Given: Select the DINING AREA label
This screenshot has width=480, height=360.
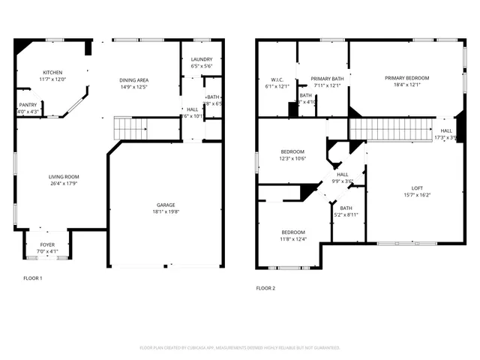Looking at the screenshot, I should pos(133,80).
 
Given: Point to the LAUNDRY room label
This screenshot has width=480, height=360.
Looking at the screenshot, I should pos(202,60).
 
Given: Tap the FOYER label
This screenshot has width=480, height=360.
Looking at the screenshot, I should pos(47,244).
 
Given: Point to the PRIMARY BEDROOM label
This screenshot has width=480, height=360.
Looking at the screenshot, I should pos(407,78).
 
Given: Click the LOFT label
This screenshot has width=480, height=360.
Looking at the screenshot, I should pos(417,188).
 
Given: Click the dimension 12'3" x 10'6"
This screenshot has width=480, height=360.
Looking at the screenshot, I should pos(292,158).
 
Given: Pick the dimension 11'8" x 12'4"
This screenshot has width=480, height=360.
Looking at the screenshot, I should pos(292,239).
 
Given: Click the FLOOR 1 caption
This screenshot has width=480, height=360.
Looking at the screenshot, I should pos(33,278).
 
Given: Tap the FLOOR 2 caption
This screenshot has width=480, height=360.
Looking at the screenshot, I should pos(265,288).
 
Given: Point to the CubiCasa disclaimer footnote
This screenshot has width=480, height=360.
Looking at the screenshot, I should pos(240,347).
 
